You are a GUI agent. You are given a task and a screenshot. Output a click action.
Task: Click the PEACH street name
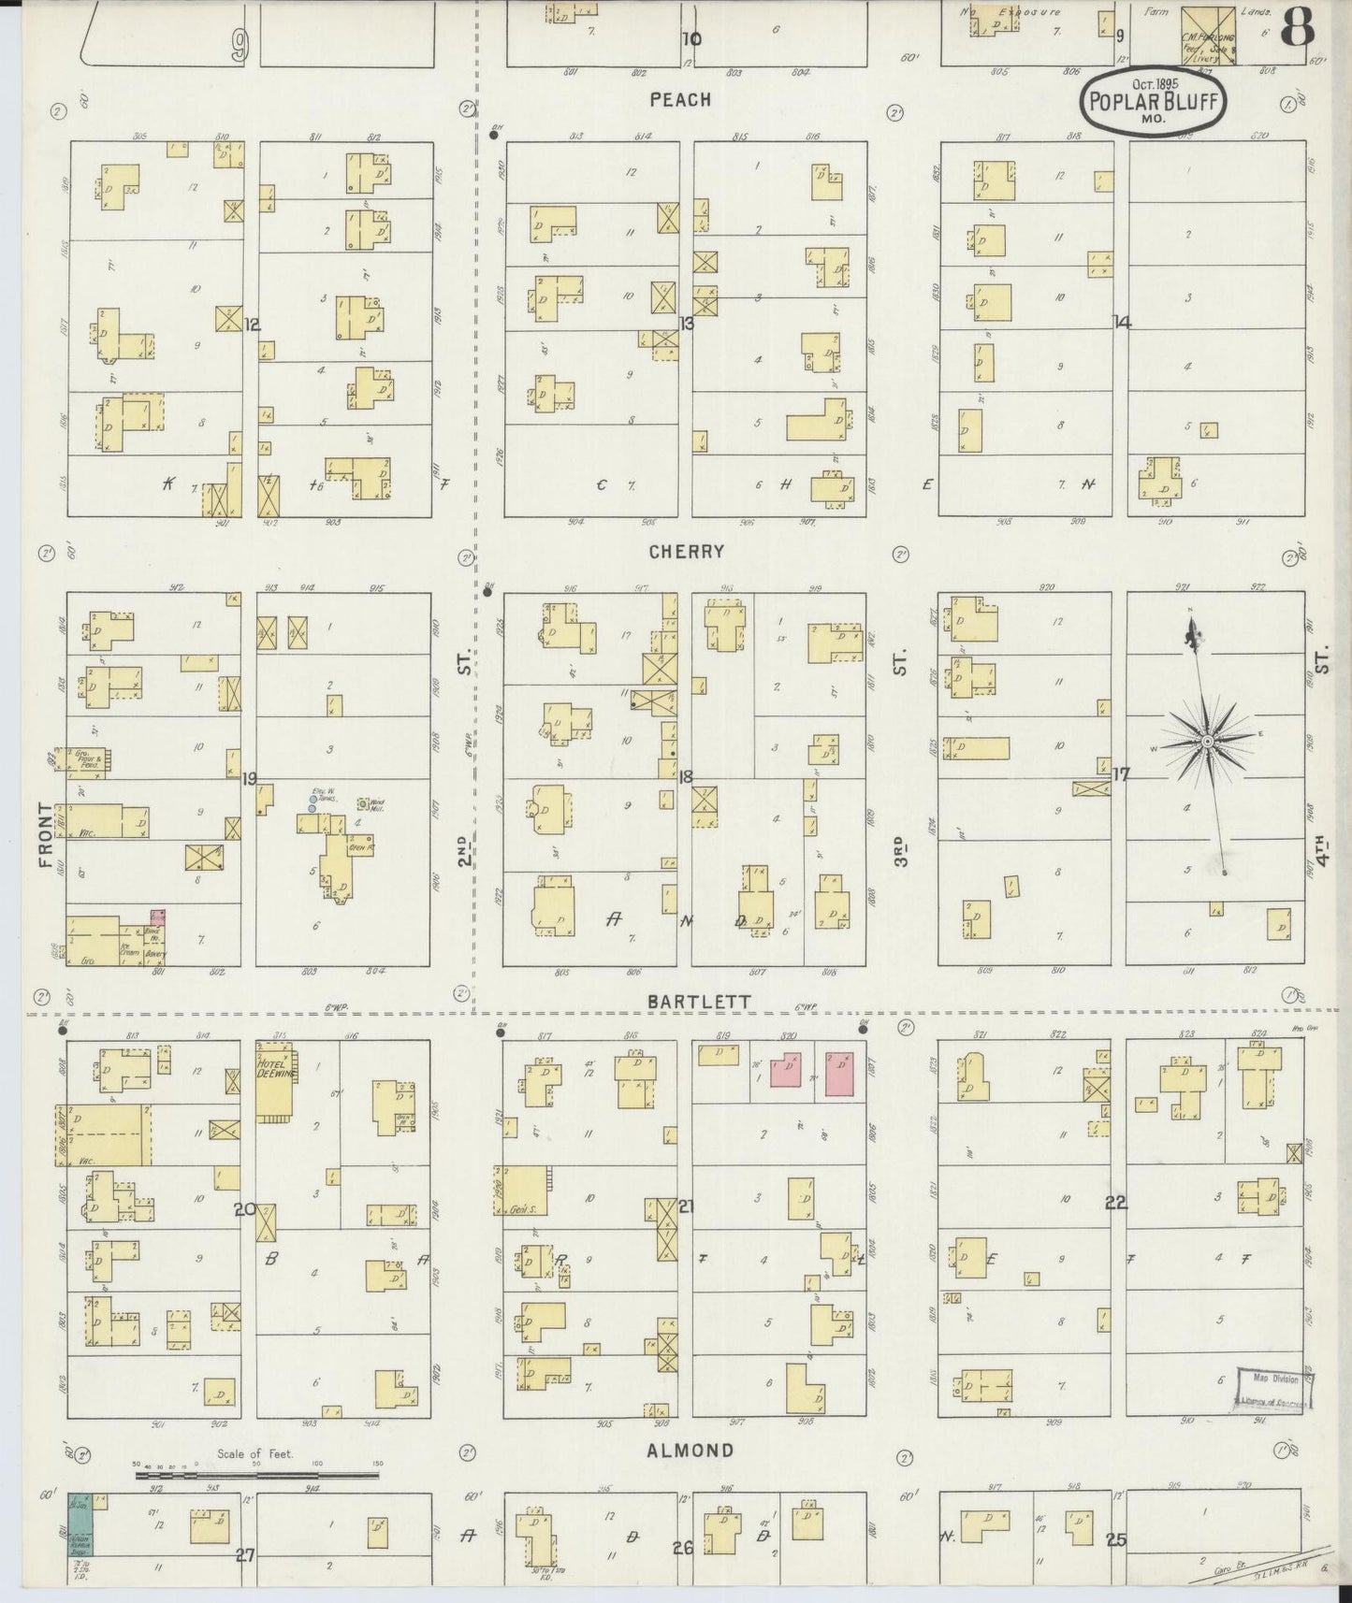point(680,99)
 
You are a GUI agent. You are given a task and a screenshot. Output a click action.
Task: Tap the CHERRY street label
point(687,552)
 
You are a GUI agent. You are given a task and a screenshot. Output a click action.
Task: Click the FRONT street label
point(45,835)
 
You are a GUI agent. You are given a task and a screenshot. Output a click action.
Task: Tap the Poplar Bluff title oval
point(1154,101)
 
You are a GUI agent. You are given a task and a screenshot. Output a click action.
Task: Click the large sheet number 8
point(1297,28)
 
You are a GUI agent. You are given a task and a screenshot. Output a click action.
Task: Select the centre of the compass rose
point(1207,742)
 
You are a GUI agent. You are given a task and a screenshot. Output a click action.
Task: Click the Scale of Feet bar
point(257,1476)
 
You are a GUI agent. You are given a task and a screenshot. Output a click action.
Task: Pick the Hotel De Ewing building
point(275,1081)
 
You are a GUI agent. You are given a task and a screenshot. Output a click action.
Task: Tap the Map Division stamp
point(1274,1387)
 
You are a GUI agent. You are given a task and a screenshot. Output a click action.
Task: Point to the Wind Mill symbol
point(362,803)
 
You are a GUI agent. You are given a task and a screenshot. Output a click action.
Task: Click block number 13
point(687,324)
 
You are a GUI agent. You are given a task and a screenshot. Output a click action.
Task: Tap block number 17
point(1121,774)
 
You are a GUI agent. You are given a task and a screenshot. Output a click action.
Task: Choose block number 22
point(1115,1203)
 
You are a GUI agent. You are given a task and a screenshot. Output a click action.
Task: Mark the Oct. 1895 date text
point(1153,83)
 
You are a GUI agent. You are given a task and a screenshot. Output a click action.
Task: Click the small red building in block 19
point(157,918)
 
